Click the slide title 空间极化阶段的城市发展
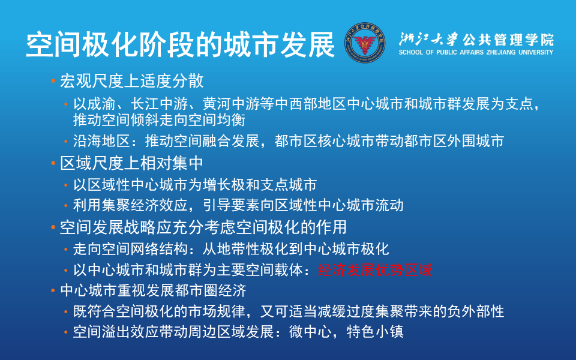[180, 44]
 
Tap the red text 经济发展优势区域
[375, 269]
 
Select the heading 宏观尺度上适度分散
[132, 81]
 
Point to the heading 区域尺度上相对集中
[132, 163]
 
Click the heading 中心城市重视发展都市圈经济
[154, 291]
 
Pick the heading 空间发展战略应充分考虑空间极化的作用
[204, 227]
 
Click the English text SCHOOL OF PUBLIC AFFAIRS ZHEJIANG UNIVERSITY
[476, 53]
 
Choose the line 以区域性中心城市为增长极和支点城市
[194, 185]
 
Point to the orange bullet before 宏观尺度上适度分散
[53, 81]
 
